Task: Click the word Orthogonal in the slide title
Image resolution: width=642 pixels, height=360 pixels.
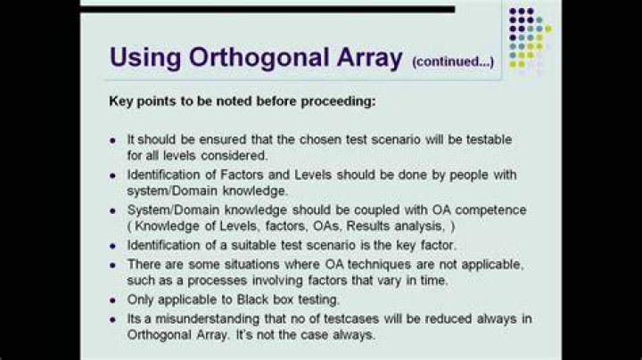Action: [x=259, y=58]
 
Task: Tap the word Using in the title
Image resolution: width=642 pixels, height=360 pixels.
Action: [x=145, y=58]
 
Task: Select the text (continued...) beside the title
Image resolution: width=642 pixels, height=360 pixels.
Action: [x=453, y=61]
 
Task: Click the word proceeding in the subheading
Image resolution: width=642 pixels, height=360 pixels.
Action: [x=338, y=102]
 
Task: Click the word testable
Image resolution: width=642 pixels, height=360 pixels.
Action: [x=490, y=140]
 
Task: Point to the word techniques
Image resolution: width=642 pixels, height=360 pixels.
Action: [x=379, y=265]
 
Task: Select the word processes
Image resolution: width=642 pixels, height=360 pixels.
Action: [x=218, y=281]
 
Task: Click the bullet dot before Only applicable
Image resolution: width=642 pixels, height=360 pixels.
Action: [x=112, y=300]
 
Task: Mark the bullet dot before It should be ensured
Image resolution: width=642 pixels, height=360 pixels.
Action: [x=112, y=140]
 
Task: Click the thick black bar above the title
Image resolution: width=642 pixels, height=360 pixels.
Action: [x=267, y=9]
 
